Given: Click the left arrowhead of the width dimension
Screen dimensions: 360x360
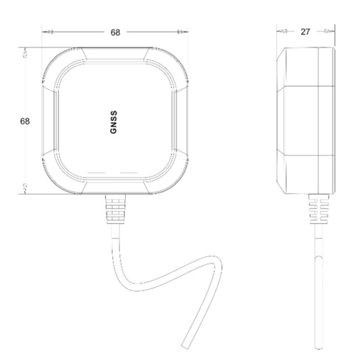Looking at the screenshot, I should [49, 32].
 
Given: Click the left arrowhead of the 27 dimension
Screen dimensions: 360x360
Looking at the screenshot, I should [283, 32].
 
